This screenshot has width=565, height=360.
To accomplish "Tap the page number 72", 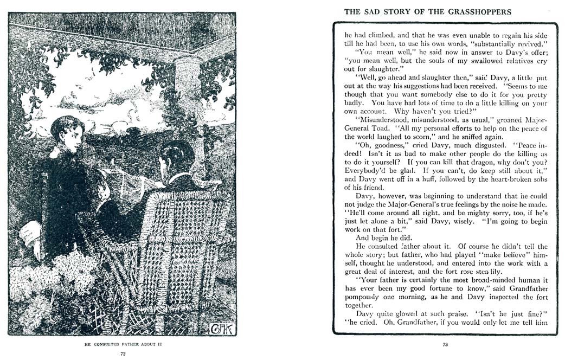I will pos(123,353).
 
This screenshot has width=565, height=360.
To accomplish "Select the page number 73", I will pos(445,343).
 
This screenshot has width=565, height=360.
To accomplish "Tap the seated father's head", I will pos(176,158).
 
